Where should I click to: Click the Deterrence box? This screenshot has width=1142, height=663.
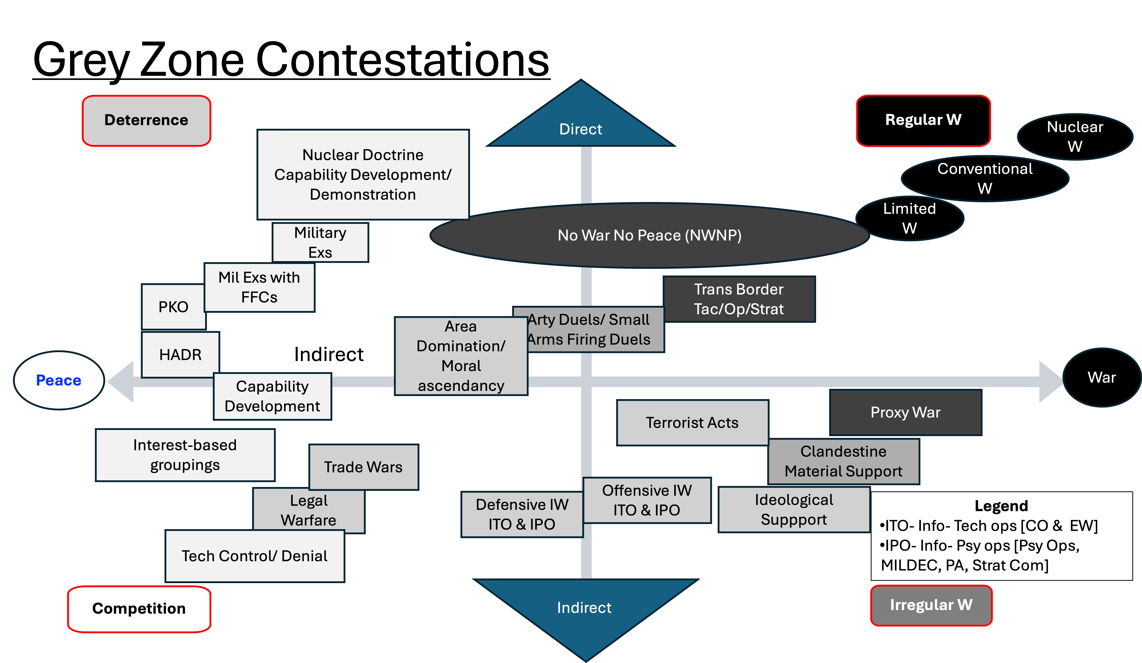(146, 120)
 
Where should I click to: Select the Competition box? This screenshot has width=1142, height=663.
(139, 608)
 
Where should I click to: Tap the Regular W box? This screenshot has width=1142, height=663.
(923, 120)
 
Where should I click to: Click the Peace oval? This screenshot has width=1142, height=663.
(59, 380)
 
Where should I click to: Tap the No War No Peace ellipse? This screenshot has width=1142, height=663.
(649, 235)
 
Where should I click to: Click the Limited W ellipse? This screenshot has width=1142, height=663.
(909, 218)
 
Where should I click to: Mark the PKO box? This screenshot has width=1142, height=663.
(173, 307)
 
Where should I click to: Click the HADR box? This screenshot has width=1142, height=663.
(180, 354)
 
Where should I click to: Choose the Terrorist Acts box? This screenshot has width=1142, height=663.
(692, 422)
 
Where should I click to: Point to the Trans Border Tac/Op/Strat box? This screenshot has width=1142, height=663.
(739, 299)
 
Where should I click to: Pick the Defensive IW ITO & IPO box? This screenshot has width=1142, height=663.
(522, 514)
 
